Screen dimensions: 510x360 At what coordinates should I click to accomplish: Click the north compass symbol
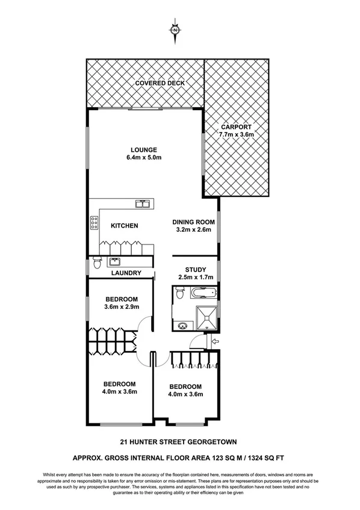[175, 30]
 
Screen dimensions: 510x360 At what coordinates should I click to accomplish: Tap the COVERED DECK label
[160, 82]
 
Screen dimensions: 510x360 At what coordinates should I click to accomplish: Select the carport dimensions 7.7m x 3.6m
[236, 135]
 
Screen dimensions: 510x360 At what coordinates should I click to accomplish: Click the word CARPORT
[236, 127]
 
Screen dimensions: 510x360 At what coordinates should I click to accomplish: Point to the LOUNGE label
[144, 150]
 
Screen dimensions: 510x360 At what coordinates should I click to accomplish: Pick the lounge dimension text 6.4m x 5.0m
[144, 158]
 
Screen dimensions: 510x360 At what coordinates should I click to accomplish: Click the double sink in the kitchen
[143, 205]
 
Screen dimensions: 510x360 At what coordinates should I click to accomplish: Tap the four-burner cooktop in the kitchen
[95, 223]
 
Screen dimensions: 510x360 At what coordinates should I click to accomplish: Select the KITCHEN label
[125, 226]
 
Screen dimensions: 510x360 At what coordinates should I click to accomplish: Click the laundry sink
[114, 263]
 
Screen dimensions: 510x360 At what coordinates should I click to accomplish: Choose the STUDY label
[193, 269]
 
